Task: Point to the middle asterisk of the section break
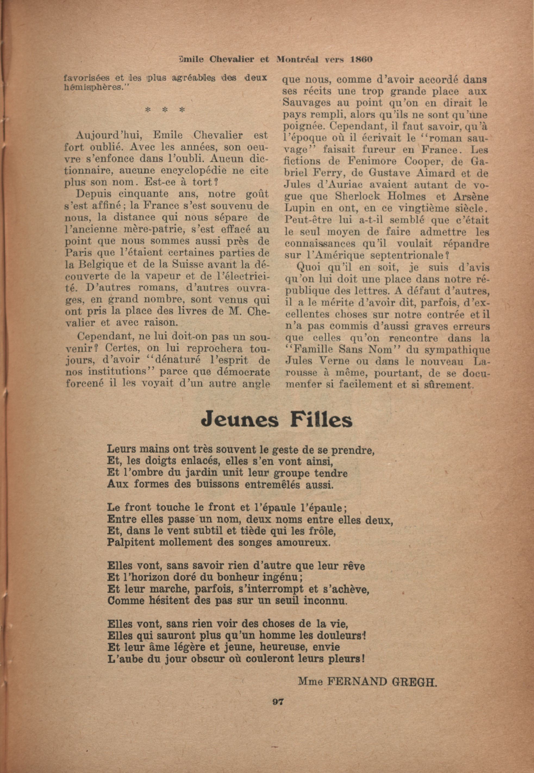[x=164, y=110]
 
